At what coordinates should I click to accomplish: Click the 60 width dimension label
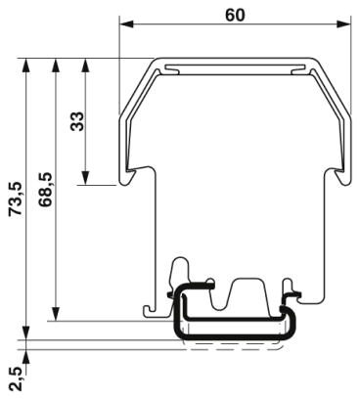[x=235, y=15]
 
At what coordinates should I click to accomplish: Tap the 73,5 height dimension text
[x=16, y=199]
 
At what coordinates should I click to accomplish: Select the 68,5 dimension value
[x=45, y=190]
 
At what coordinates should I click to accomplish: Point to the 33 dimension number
[x=77, y=121]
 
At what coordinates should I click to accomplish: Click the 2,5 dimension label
[x=16, y=378]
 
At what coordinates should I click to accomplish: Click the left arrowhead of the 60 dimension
[x=127, y=23]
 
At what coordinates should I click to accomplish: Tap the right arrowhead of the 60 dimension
[x=343, y=23]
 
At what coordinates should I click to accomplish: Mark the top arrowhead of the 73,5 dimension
[x=26, y=66]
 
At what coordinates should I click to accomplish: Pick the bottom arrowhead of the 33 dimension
[x=85, y=178]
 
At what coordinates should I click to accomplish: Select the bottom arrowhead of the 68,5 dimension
[x=56, y=314]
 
